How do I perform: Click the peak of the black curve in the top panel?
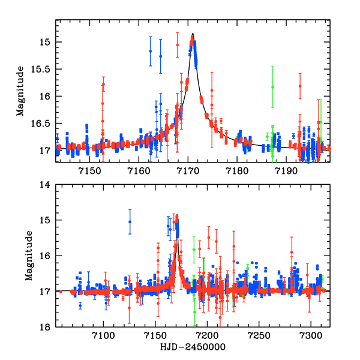(x=193, y=34)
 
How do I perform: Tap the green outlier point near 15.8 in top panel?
(x=272, y=87)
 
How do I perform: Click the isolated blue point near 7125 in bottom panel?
(x=130, y=222)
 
